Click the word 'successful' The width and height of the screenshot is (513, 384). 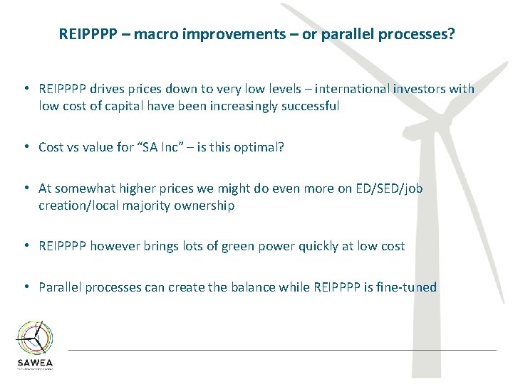click(x=306, y=106)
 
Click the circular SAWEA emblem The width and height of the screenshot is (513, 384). click(x=35, y=336)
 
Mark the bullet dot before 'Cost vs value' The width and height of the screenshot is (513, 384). click(x=25, y=147)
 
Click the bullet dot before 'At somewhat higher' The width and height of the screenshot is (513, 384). click(x=25, y=188)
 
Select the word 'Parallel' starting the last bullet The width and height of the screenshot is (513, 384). click(x=60, y=287)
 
